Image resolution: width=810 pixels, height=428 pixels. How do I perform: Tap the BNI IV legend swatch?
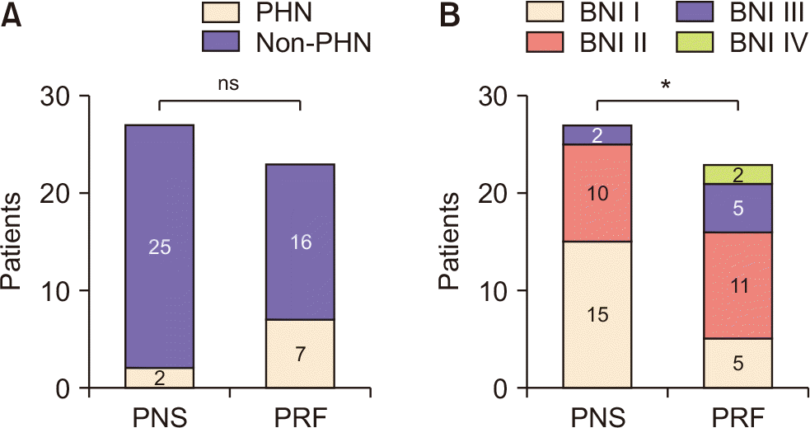click(690, 42)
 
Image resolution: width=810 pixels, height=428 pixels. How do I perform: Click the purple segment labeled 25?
click(159, 246)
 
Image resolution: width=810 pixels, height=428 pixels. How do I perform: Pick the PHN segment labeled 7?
click(300, 354)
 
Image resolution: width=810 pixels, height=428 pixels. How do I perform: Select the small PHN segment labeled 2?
click(159, 378)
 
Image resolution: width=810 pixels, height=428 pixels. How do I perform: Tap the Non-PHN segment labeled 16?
click(300, 242)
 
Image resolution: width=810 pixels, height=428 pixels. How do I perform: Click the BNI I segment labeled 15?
click(597, 314)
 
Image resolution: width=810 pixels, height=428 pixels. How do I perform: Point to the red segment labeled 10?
click(597, 193)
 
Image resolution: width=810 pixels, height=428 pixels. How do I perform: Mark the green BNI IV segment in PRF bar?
click(737, 174)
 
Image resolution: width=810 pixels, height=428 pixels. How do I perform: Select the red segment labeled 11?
click(737, 285)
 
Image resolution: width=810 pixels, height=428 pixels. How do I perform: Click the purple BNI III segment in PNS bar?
click(597, 134)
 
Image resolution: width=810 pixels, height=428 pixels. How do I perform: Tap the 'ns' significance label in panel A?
click(229, 82)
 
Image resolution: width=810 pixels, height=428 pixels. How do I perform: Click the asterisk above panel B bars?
click(667, 86)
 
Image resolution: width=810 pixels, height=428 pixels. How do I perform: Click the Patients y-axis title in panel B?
click(450, 242)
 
